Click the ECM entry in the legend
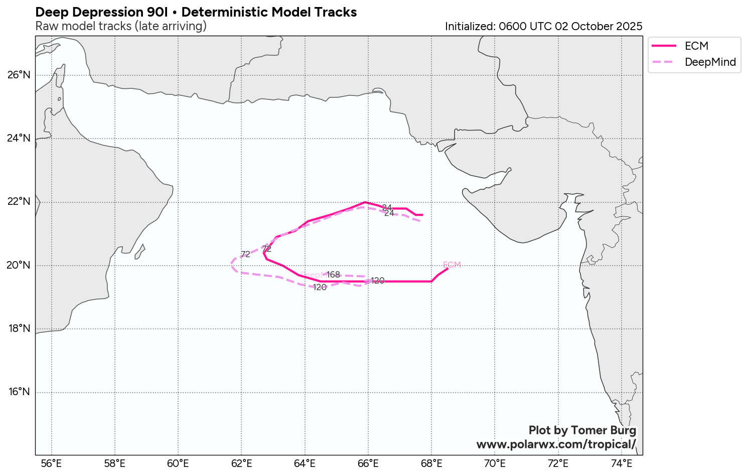696,46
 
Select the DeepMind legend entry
710,62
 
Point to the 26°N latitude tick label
19,75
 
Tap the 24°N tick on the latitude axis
19,139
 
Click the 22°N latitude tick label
19,202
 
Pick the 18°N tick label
19,329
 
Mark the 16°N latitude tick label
19,392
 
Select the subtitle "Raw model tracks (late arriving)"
121,26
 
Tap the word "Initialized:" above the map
470,27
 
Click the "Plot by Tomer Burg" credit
582,430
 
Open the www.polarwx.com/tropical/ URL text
556,444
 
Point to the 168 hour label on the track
333,275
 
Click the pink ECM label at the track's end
452,265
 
